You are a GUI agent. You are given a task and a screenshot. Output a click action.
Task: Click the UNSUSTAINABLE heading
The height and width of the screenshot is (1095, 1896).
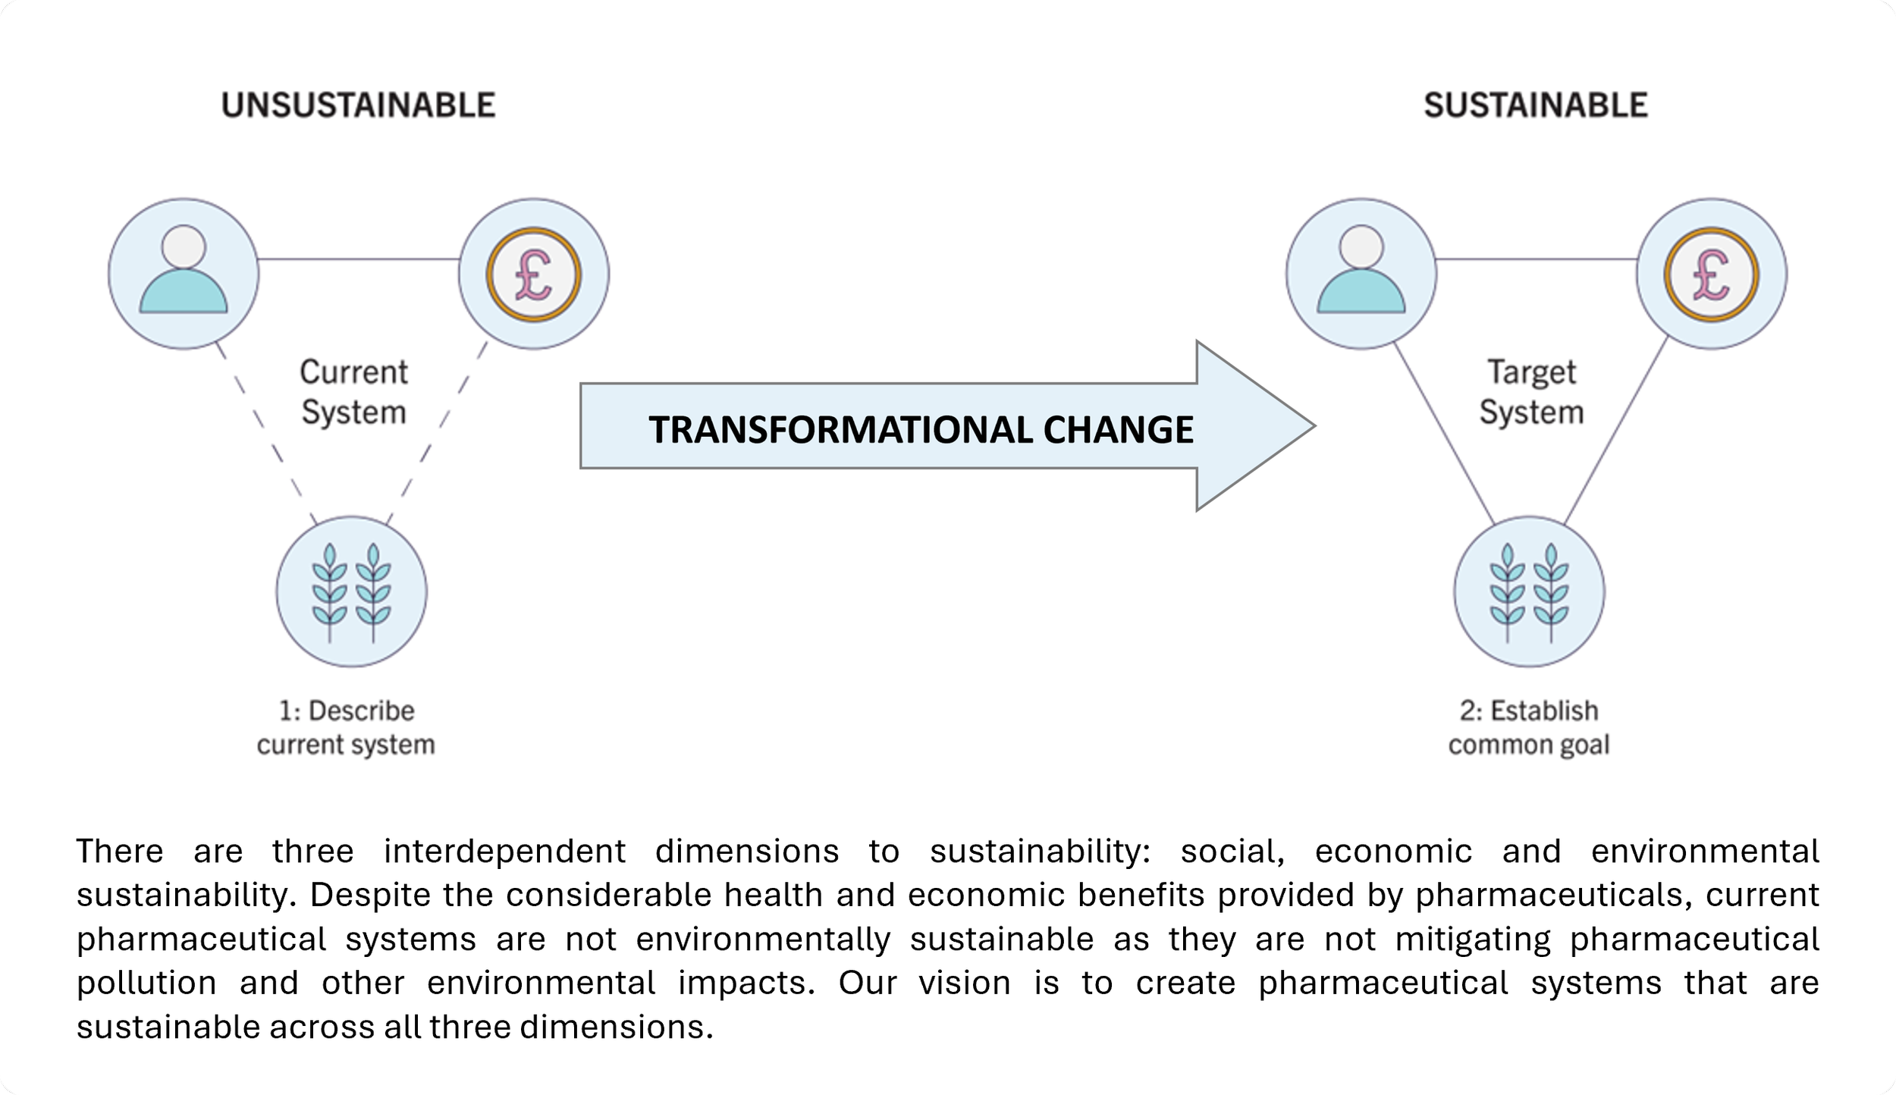(x=358, y=105)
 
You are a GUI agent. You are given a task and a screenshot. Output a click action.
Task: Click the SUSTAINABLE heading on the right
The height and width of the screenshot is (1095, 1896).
(x=1535, y=105)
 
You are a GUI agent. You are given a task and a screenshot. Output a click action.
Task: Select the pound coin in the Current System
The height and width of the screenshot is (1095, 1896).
(x=533, y=274)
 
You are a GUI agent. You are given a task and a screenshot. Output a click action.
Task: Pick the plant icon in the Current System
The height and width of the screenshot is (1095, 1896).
(x=351, y=591)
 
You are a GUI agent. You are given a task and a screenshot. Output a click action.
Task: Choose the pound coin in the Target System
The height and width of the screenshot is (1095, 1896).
(x=1711, y=274)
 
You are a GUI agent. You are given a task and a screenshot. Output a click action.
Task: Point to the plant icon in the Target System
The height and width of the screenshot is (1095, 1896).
(x=1529, y=591)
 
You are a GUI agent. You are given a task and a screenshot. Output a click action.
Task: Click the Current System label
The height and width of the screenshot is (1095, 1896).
(x=353, y=392)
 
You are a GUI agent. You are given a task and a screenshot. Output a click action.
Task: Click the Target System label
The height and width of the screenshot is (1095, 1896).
(x=1531, y=392)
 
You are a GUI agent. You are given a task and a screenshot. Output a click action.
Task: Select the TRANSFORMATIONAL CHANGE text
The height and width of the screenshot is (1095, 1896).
(x=921, y=429)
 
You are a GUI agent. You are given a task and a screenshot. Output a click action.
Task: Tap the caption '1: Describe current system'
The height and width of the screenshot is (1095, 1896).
(x=346, y=728)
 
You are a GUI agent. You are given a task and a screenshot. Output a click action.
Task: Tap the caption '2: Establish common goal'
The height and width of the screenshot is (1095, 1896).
(x=1529, y=728)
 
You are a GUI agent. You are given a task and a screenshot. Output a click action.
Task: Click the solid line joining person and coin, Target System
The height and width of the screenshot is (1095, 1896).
(x=1536, y=259)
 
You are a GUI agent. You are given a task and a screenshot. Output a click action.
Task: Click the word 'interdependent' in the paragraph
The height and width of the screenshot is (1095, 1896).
(x=504, y=851)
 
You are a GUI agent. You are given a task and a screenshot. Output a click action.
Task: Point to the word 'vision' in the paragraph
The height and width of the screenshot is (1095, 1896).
(x=965, y=983)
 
